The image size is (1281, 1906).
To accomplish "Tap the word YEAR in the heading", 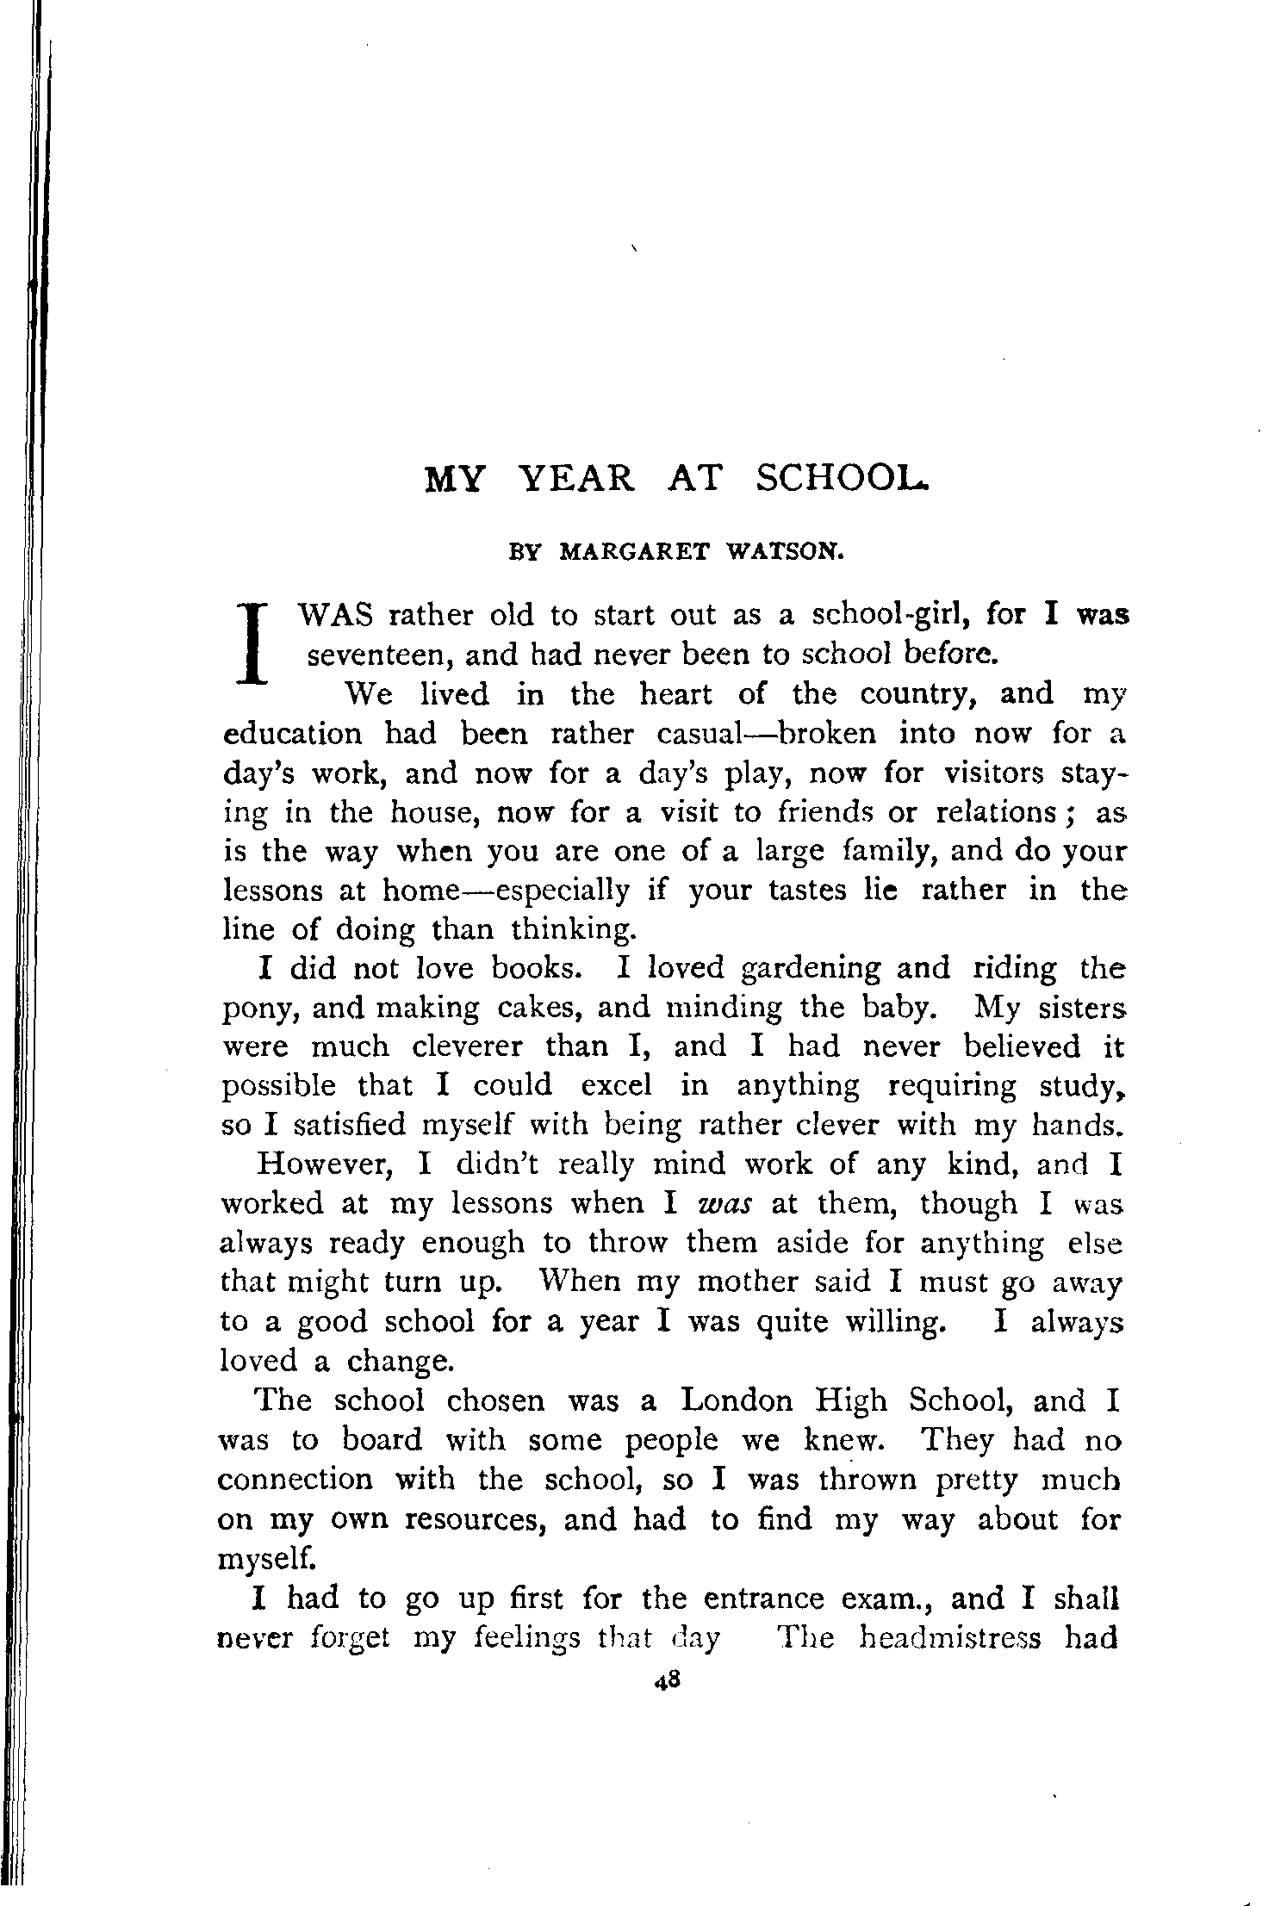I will tap(579, 478).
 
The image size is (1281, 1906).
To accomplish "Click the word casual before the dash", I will tap(700, 734).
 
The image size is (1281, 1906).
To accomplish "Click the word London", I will tap(737, 1401).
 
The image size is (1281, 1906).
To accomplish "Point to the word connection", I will tap(295, 1480).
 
